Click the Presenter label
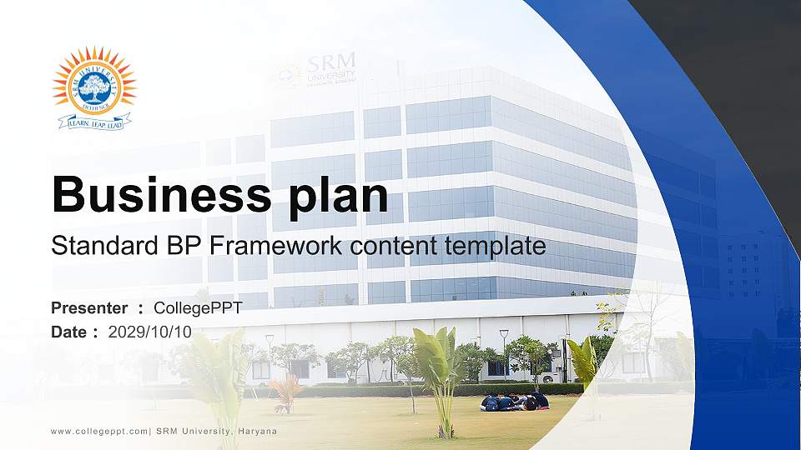[x=89, y=308]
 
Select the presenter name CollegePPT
[x=204, y=308]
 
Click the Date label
[x=69, y=332]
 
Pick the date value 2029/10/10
[x=150, y=332]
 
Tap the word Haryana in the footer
[x=257, y=431]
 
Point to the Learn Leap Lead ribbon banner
[x=94, y=122]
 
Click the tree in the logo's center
[x=94, y=84]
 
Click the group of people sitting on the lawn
[x=515, y=402]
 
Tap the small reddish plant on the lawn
[x=286, y=392]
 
